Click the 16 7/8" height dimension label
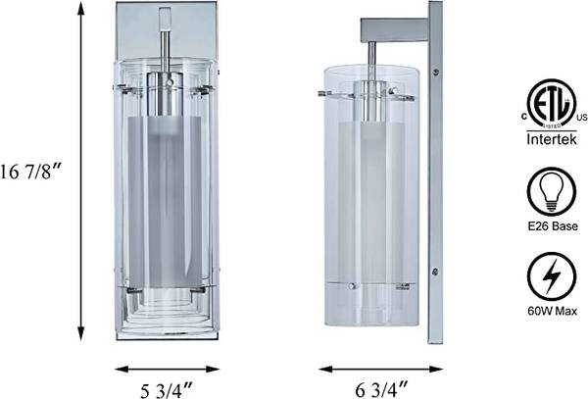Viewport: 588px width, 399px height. [x=30, y=172]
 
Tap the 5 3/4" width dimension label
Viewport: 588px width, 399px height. [x=167, y=390]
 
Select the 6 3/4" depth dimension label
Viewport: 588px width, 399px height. [x=382, y=389]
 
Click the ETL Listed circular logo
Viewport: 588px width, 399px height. [x=551, y=104]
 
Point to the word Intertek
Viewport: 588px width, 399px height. [x=552, y=139]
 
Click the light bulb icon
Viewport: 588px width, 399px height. [x=551, y=191]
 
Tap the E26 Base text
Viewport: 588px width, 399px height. [x=553, y=226]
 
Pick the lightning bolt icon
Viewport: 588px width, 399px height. [x=551, y=276]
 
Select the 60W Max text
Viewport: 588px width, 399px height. [x=552, y=311]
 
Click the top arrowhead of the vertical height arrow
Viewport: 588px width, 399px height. [x=80, y=8]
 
